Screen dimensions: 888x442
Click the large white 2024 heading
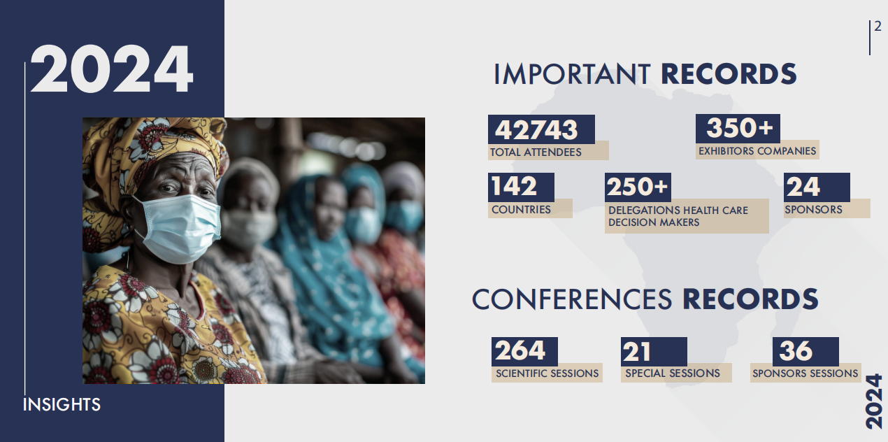coord(112,69)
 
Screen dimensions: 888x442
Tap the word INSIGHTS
coord(62,405)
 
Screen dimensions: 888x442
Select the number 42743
coord(536,129)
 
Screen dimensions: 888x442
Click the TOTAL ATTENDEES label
coord(536,152)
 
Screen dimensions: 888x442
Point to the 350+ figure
coord(739,128)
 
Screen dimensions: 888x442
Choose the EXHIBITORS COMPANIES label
coord(757,151)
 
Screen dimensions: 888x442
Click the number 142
coord(514,186)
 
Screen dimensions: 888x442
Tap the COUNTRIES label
coord(521,210)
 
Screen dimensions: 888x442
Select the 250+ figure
coord(637,186)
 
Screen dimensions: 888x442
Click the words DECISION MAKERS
coord(654,222)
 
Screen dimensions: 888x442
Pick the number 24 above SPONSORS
coord(803,186)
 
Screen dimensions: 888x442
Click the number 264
coord(520,350)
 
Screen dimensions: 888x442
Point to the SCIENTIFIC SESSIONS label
coord(547,373)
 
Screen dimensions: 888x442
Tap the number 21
coord(636,351)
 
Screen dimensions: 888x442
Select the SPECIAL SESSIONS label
coord(673,373)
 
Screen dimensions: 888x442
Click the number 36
coord(796,351)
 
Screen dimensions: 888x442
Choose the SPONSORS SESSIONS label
coord(805,373)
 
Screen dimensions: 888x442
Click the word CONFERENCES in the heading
coord(572,299)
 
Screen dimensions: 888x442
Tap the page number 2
coord(878,27)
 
